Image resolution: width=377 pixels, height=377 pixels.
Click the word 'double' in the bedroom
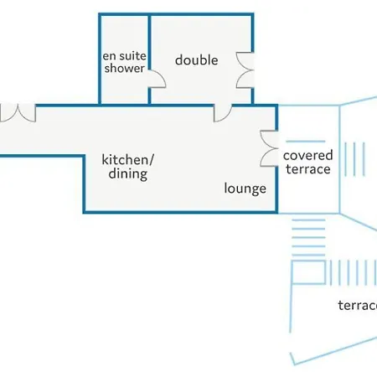coord(197,60)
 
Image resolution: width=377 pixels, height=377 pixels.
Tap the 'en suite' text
coord(124,56)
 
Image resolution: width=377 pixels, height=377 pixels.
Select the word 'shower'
coord(125,68)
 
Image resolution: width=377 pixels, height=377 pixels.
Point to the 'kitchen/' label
coord(128,160)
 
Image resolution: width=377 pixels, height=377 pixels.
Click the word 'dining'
coord(128,174)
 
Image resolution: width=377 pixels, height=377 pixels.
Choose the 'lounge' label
coord(245,188)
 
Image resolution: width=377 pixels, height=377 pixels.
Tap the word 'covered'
coord(307,156)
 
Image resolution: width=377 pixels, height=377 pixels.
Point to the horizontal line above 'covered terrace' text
coord(306,142)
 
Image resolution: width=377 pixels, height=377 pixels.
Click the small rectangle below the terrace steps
coord(308,272)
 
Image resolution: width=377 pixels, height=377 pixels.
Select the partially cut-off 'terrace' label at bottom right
coord(358,306)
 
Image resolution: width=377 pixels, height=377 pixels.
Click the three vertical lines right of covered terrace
coord(354,159)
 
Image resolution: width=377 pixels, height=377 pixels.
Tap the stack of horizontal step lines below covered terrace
coord(308,237)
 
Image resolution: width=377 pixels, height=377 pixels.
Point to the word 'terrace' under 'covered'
coord(308,169)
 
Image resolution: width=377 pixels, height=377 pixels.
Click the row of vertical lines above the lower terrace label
coord(354,272)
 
